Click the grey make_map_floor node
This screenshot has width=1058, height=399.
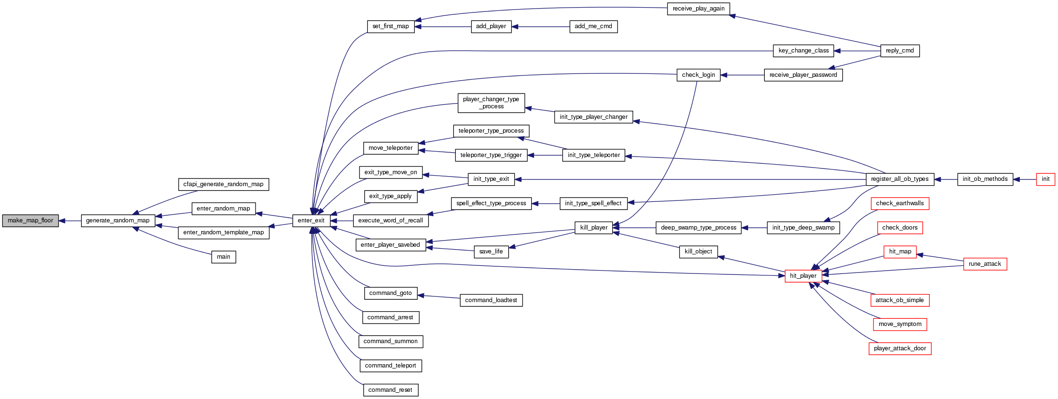[31, 220]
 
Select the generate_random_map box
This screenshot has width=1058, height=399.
[118, 220]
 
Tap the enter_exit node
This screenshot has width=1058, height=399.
[311, 220]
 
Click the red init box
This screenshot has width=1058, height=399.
[1045, 179]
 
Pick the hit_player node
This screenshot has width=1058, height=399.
[803, 276]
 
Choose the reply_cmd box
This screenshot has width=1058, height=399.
[899, 51]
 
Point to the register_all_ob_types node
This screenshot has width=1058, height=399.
[899, 179]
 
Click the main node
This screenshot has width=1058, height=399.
[224, 257]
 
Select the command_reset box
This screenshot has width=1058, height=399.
[390, 390]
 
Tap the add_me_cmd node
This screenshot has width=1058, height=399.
[593, 27]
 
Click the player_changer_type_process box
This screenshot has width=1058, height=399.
[491, 103]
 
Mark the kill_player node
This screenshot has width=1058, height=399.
[594, 228]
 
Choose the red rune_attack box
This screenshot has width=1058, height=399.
[985, 264]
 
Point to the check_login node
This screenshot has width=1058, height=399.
[698, 75]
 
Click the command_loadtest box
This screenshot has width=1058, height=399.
[491, 300]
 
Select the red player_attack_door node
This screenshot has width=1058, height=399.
[900, 348]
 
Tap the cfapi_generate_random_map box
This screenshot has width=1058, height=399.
[223, 184]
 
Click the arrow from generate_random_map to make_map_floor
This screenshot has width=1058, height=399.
[70, 220]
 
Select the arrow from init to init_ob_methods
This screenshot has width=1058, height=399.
[1025, 179]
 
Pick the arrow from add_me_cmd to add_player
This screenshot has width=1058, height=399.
[541, 27]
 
